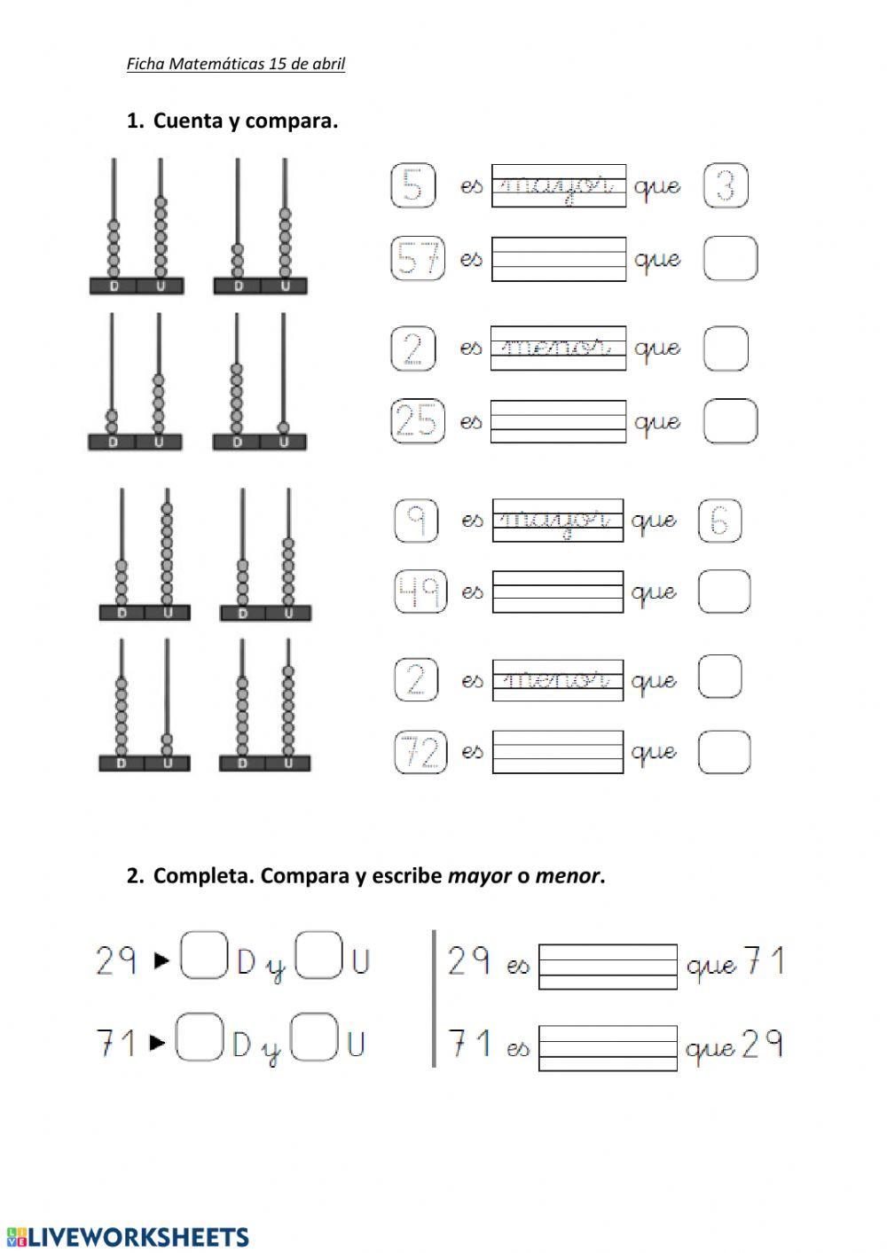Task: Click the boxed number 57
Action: (x=418, y=259)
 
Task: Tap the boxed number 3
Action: (x=726, y=187)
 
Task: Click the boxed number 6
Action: (x=719, y=521)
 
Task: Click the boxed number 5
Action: (x=413, y=186)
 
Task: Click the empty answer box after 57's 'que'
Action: (x=731, y=259)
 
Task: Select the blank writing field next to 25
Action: (x=558, y=421)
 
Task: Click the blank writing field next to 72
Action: (x=558, y=753)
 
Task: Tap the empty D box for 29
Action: (x=205, y=956)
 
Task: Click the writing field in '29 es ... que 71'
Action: (x=608, y=967)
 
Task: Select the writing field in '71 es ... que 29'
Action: (x=608, y=1049)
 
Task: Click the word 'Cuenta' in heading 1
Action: (x=189, y=121)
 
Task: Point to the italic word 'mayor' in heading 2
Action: (x=480, y=876)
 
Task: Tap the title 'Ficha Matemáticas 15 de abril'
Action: (x=236, y=64)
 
